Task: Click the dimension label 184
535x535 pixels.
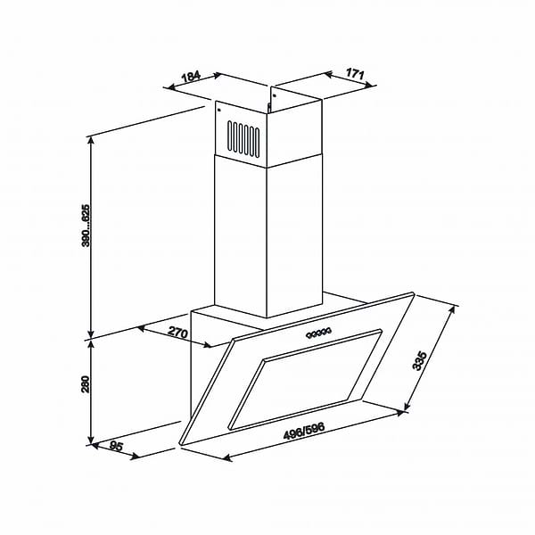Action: click(x=190, y=78)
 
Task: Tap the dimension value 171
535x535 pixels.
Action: click(x=354, y=75)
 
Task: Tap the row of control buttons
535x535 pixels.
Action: click(x=317, y=334)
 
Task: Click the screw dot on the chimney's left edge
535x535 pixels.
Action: click(x=218, y=111)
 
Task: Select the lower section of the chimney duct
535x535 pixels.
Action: click(x=241, y=241)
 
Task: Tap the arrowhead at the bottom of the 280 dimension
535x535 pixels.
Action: click(x=91, y=440)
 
